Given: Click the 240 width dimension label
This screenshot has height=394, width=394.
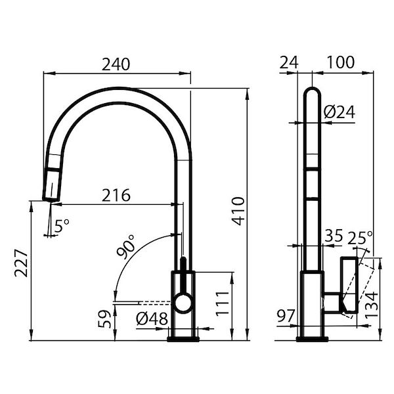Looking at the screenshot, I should (x=116, y=64).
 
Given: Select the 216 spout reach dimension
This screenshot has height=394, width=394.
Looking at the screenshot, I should (x=116, y=195).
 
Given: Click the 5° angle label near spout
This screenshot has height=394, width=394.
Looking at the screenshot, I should (x=62, y=226).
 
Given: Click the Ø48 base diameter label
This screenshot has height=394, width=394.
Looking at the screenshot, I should (x=152, y=320).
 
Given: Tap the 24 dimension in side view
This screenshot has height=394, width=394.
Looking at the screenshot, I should (x=289, y=62).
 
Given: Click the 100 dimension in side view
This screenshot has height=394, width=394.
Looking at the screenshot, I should (x=340, y=62).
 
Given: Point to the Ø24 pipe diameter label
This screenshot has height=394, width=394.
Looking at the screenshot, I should (x=339, y=112).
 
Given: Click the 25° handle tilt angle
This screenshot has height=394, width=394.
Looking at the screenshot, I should (x=360, y=237).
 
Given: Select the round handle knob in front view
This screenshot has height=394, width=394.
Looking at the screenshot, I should (x=183, y=303).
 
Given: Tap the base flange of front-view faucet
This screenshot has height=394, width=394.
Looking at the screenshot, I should (x=183, y=338).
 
